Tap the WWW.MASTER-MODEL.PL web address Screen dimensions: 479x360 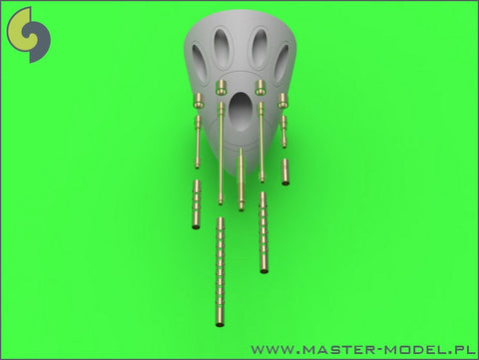363,349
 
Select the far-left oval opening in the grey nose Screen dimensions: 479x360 200,63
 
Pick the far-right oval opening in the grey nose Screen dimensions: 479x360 281,63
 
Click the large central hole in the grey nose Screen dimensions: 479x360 240,111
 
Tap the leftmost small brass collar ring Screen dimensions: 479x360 199,101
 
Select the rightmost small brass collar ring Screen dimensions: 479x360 282,101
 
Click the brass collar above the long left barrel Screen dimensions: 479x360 221,88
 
